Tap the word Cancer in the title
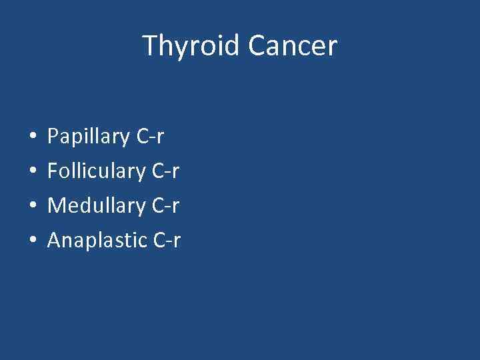[293, 46]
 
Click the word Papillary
[89, 137]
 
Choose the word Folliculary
[97, 171]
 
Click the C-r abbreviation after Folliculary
[165, 171]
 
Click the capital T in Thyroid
[149, 46]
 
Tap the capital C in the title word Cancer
[256, 46]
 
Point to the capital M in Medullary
[56, 205]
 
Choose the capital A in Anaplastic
[55, 239]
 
